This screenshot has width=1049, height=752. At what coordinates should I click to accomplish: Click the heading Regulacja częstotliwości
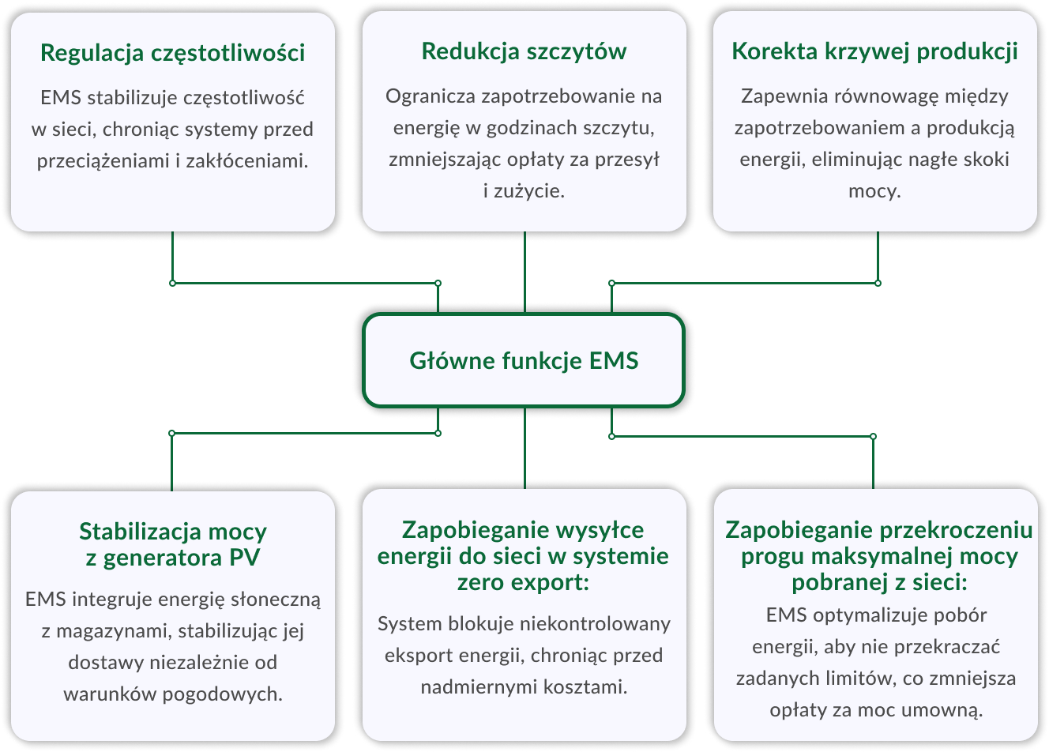pyautogui.click(x=172, y=53)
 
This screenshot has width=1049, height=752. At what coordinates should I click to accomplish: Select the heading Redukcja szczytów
pyautogui.click(x=524, y=51)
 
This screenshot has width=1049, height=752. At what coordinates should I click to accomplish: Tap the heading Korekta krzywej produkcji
pyautogui.click(x=874, y=51)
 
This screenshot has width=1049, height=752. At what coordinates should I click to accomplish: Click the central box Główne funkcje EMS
pyautogui.click(x=524, y=361)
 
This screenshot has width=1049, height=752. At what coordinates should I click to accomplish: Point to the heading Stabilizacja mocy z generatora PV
pyautogui.click(x=172, y=544)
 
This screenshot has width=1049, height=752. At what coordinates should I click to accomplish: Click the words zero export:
pyautogui.click(x=524, y=583)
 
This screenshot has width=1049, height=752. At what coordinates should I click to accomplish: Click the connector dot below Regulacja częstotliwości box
pyautogui.click(x=172, y=283)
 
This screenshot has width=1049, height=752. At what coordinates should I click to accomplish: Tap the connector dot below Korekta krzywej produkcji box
pyautogui.click(x=878, y=283)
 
